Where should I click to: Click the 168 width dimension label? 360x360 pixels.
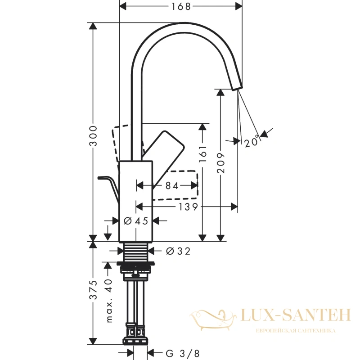point(181,6)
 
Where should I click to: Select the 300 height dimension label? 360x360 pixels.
point(93,136)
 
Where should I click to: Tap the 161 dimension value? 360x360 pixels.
point(202,153)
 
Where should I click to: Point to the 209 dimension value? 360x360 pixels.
point(220,163)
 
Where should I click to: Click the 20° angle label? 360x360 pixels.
point(252,142)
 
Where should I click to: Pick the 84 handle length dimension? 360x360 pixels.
point(172,185)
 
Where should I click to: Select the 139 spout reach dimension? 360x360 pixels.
point(188,207)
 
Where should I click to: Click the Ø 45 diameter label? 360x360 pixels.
point(136,221)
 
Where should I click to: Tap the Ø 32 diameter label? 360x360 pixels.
point(178,251)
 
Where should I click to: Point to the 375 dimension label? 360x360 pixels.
point(93,290)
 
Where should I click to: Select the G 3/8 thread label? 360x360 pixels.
point(183,353)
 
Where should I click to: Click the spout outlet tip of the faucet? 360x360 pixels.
point(237,88)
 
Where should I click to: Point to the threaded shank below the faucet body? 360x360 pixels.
point(136,252)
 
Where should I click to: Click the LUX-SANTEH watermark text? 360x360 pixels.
point(296,315)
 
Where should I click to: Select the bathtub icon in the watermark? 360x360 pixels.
point(213,320)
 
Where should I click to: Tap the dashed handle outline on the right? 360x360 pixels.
point(175,185)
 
